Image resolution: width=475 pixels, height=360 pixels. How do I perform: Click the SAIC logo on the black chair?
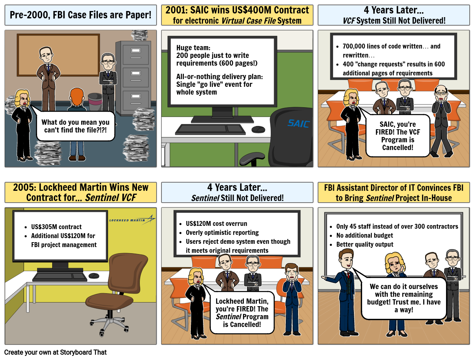click(x=298, y=123)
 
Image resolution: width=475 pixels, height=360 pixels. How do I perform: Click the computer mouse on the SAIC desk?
click(x=258, y=129)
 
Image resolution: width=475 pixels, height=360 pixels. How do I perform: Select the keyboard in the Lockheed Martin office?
click(x=60, y=277)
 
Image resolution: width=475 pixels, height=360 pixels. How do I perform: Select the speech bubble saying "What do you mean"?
click(x=75, y=126)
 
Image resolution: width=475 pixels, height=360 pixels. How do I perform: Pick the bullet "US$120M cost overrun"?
click(x=216, y=223)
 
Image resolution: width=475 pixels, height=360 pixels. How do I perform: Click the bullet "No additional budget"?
click(x=365, y=235)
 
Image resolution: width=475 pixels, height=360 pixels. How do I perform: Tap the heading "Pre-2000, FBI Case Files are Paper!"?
click(x=80, y=15)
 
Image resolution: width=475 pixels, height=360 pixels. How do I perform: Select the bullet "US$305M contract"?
click(x=56, y=227)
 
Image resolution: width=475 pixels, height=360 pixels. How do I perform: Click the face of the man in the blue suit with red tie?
click(x=346, y=259)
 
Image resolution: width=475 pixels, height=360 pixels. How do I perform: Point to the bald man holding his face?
click(x=441, y=96)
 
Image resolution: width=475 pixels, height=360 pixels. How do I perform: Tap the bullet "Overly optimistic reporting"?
click(x=222, y=232)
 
